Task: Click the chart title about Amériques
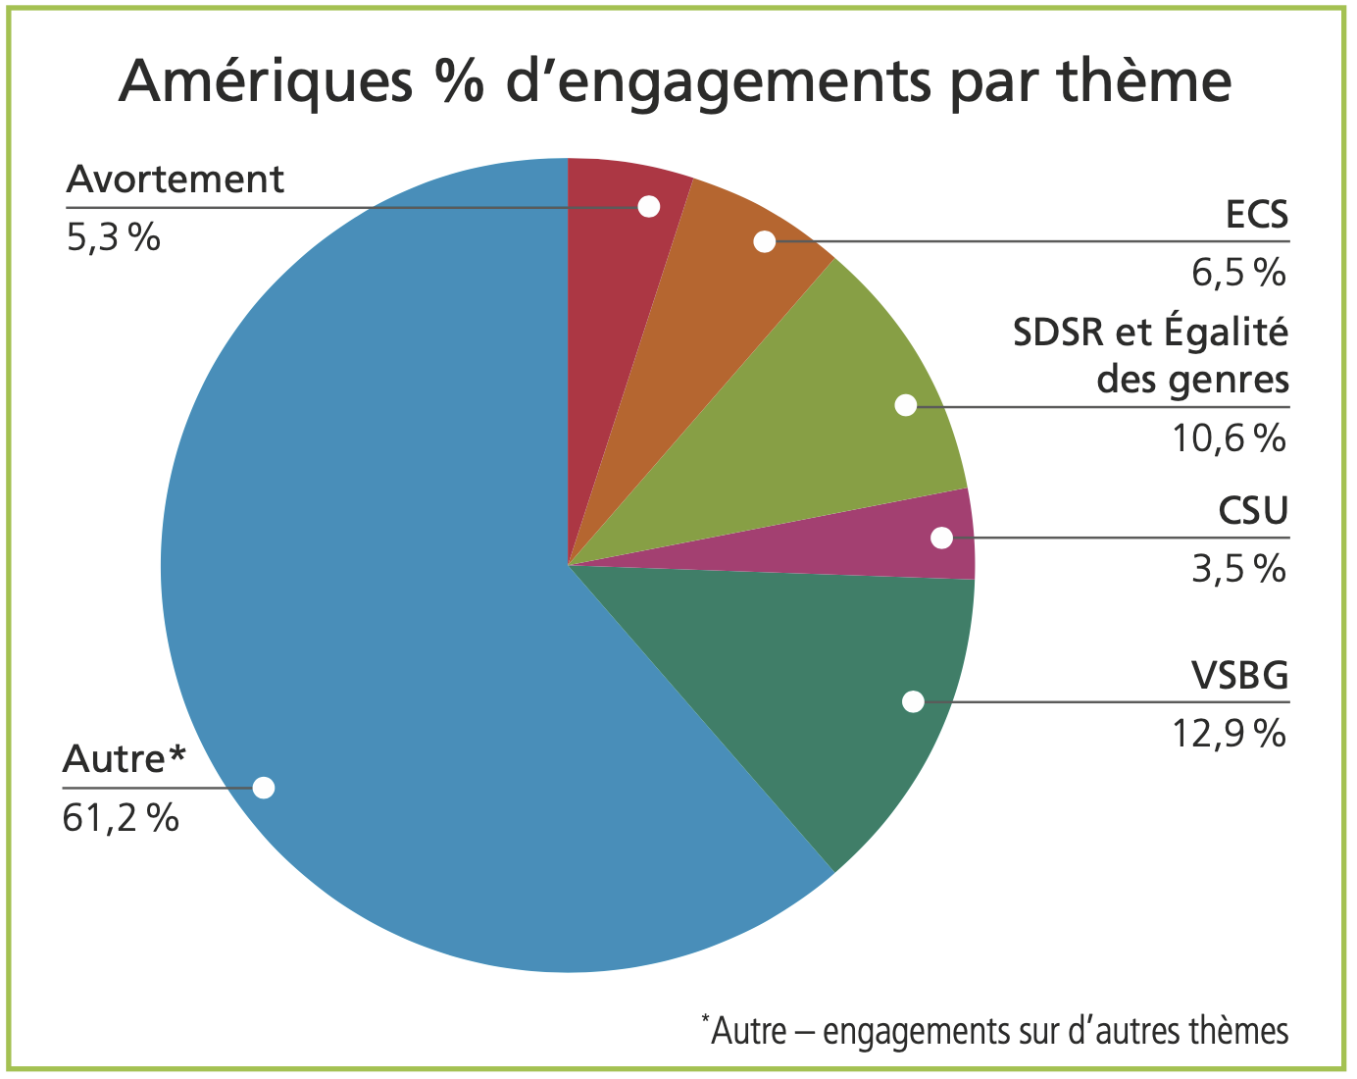[x=675, y=80]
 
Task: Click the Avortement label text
[x=176, y=180]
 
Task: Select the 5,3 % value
[x=113, y=237]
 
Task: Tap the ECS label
[x=1257, y=213]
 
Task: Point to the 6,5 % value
[x=1238, y=273]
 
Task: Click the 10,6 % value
[x=1229, y=437]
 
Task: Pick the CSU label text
[x=1253, y=511]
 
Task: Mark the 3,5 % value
[x=1238, y=569]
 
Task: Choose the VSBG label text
[x=1239, y=676]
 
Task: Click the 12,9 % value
[x=1229, y=734]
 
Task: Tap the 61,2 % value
[x=121, y=817]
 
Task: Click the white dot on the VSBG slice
[x=913, y=701]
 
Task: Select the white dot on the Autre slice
[x=264, y=788]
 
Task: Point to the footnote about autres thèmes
[x=995, y=1031]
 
